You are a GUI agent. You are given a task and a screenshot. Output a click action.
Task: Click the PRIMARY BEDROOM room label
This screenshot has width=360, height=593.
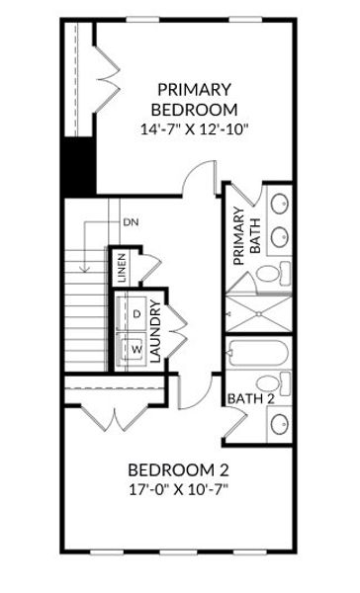coord(194,98)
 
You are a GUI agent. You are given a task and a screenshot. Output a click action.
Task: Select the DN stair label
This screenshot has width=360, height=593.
coord(131,221)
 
